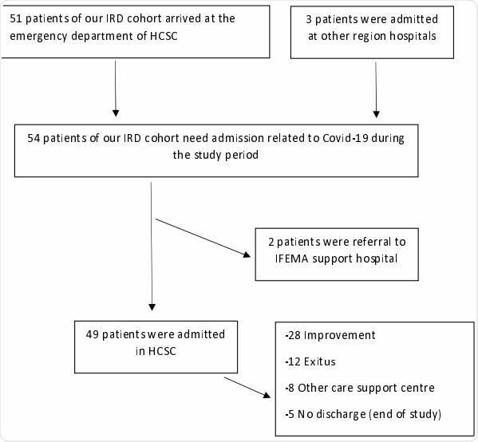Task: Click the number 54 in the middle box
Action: coord(34,137)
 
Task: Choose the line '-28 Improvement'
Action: coord(329,335)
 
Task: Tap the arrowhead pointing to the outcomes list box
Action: coord(267,397)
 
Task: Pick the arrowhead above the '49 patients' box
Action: coord(152,306)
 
